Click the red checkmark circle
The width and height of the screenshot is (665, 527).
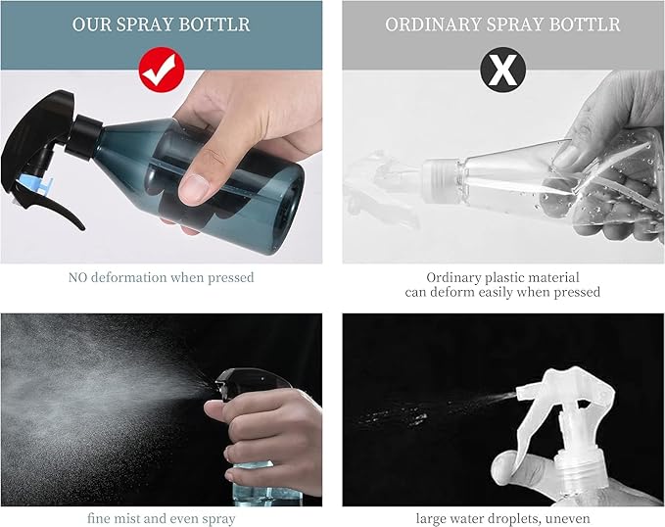coord(162,70)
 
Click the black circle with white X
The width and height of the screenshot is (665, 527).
coord(503,70)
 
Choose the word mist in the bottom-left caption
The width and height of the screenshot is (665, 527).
coord(127,518)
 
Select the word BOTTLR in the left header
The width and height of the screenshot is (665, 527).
coord(214,24)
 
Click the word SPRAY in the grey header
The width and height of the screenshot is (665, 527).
coord(514,24)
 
